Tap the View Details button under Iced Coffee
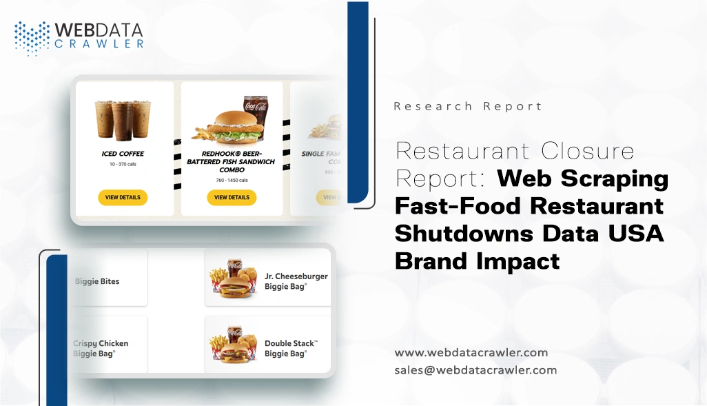pyautogui.click(x=123, y=198)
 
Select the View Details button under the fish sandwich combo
pyautogui.click(x=232, y=198)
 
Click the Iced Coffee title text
pyautogui.click(x=123, y=154)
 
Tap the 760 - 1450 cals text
pyautogui.click(x=232, y=181)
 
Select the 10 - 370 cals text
pyautogui.click(x=123, y=165)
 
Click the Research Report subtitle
pyautogui.click(x=468, y=106)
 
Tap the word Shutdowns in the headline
pyautogui.click(x=463, y=234)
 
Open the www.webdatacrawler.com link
pyautogui.click(x=471, y=353)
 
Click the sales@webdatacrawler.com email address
pyautogui.click(x=475, y=370)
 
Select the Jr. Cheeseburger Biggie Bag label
pyautogui.click(x=296, y=281)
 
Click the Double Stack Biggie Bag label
pyautogui.click(x=291, y=348)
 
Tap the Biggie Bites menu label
pyautogui.click(x=97, y=281)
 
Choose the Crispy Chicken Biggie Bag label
pyautogui.click(x=101, y=348)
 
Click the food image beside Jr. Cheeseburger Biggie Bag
pyautogui.click(x=233, y=278)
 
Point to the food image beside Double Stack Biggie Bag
pyautogui.click(x=233, y=345)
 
